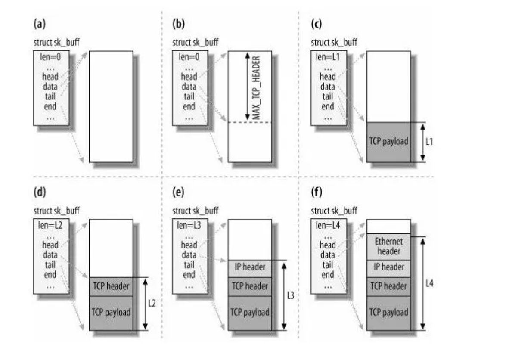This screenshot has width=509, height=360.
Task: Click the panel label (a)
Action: (x=38, y=24)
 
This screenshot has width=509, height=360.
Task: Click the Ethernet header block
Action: (x=388, y=246)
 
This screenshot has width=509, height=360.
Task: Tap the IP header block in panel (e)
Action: (x=250, y=267)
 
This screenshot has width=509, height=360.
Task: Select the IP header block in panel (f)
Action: (x=388, y=267)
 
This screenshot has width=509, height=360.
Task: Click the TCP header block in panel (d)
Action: (x=111, y=286)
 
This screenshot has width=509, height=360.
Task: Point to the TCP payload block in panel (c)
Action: (x=388, y=142)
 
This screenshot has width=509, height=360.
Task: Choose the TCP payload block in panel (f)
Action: (x=388, y=311)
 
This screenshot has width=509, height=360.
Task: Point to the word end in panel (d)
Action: (x=51, y=274)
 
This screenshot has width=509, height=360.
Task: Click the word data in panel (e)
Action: (x=189, y=255)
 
